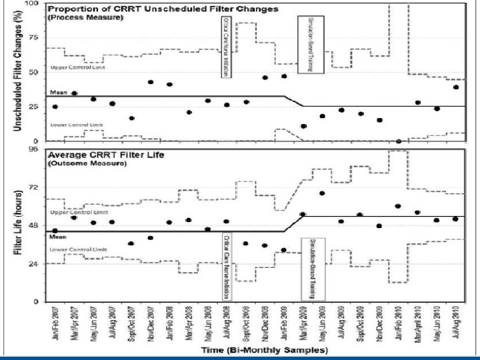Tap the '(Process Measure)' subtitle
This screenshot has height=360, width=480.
click(76, 17)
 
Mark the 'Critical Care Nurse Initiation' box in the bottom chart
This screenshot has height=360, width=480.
click(227, 266)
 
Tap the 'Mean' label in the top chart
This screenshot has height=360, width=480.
click(57, 93)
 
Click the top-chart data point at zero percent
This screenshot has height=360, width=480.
click(399, 141)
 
